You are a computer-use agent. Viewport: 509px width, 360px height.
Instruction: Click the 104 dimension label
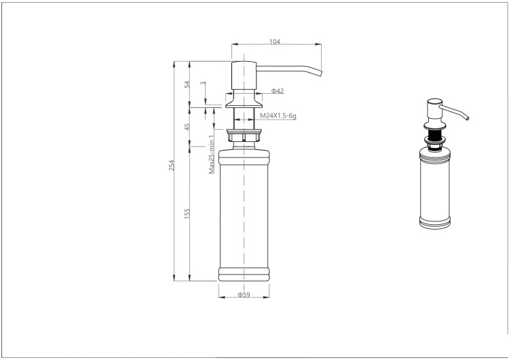[275, 41]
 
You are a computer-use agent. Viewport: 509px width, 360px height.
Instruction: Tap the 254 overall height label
[172, 165]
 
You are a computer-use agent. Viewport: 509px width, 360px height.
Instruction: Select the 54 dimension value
[187, 84]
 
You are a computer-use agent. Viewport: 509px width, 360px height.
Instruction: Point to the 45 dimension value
[187, 127]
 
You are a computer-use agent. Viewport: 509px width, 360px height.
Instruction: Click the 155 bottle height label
[187, 213]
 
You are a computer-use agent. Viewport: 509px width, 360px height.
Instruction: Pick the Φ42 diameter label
[278, 91]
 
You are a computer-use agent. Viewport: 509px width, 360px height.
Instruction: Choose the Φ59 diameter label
[244, 295]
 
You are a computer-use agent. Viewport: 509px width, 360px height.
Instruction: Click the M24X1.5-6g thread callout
[278, 115]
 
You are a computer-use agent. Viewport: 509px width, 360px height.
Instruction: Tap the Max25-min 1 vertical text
[212, 154]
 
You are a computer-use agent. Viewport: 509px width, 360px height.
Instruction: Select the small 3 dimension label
[203, 83]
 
